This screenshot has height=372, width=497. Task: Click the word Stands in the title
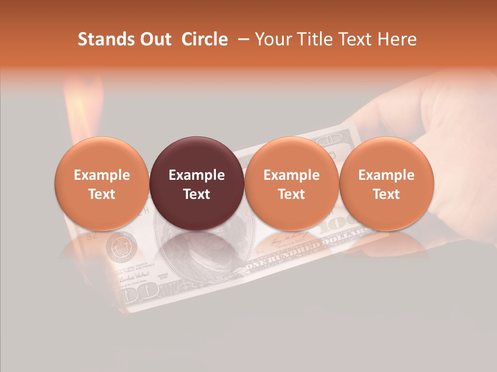pos(102,39)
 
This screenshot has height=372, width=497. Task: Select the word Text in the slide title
pos(356,39)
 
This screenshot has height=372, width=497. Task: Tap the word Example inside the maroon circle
pos(197,175)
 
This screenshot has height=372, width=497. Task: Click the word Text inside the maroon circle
pos(197,194)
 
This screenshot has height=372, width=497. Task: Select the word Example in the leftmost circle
pos(102,175)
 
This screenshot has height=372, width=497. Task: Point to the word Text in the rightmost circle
pos(387,194)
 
